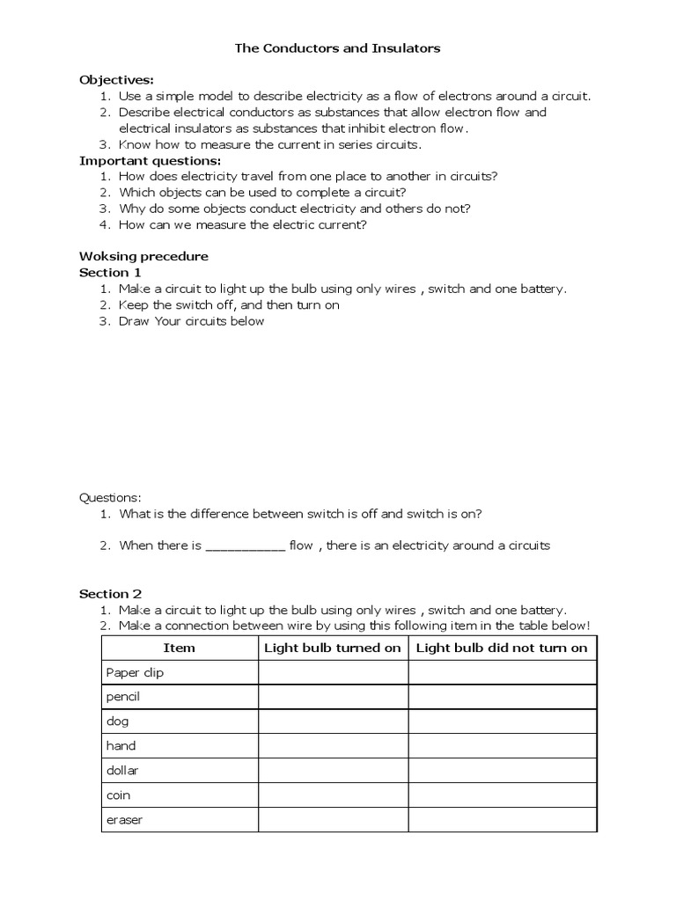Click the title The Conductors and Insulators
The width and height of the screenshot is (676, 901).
pyautogui.click(x=337, y=48)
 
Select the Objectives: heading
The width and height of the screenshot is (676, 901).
pyautogui.click(x=116, y=80)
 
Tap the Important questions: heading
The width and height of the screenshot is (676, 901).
pyautogui.click(x=151, y=160)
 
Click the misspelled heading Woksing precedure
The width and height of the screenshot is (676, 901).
pyautogui.click(x=143, y=257)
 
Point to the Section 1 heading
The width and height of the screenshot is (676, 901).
pyautogui.click(x=110, y=273)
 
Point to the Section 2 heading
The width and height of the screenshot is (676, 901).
pyautogui.click(x=110, y=594)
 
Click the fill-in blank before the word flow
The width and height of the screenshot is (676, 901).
pyautogui.click(x=245, y=546)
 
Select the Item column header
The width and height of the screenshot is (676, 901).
pyautogui.click(x=180, y=648)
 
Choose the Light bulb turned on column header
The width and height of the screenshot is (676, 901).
pyautogui.click(x=333, y=648)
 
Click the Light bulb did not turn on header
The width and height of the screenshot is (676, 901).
pyautogui.click(x=502, y=648)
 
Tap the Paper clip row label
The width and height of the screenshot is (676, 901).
pyautogui.click(x=135, y=672)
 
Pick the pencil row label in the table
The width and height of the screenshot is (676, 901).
pyautogui.click(x=123, y=697)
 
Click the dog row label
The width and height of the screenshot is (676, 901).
pyautogui.click(x=117, y=722)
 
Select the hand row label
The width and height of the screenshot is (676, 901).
pyautogui.click(x=121, y=746)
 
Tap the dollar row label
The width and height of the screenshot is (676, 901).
pyautogui.click(x=122, y=771)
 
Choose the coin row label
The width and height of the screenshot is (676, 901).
pyautogui.click(x=118, y=795)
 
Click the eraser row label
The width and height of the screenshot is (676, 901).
pyautogui.click(x=124, y=820)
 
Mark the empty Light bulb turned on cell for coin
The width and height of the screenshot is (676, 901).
pyautogui.click(x=333, y=795)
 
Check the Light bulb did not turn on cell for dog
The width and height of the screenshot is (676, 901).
pyautogui.click(x=502, y=722)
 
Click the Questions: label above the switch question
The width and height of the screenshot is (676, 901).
pyautogui.click(x=110, y=497)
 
